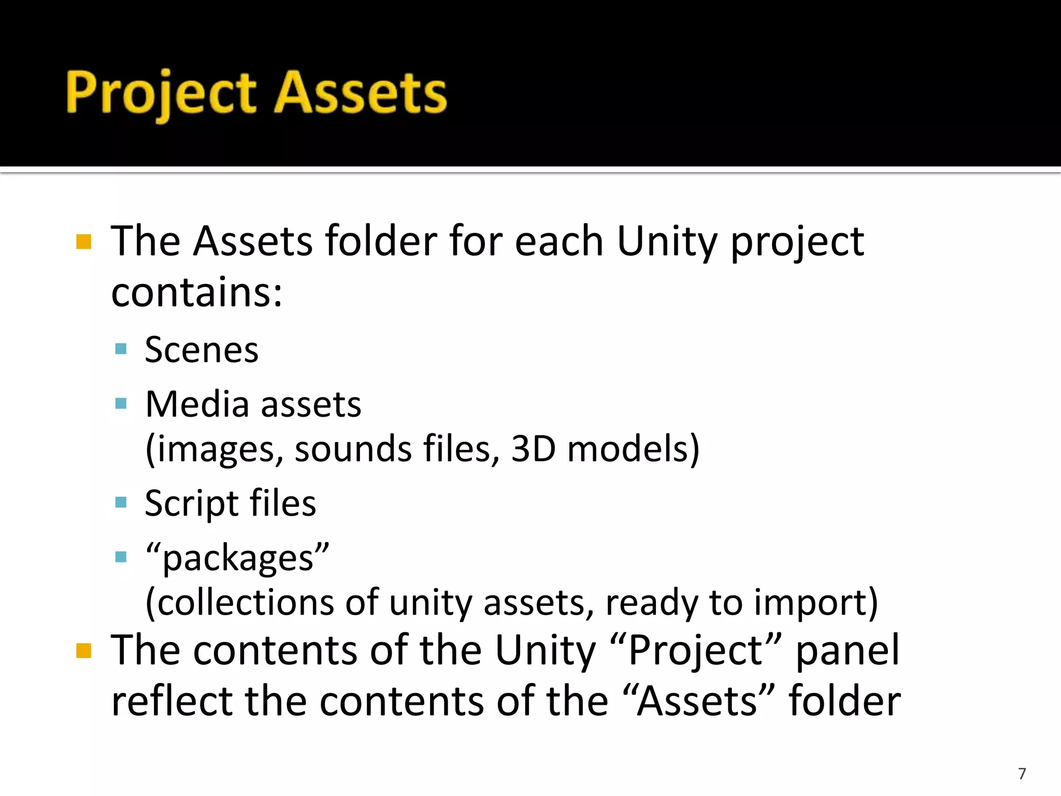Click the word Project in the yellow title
pyautogui.click(x=161, y=93)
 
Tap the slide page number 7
pyautogui.click(x=1022, y=773)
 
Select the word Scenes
pyautogui.click(x=202, y=350)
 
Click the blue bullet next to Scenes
pyautogui.click(x=121, y=349)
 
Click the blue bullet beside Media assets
pyautogui.click(x=121, y=403)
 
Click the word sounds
pyautogui.click(x=353, y=448)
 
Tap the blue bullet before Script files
pyautogui.click(x=121, y=502)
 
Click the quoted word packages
pyautogui.click(x=238, y=559)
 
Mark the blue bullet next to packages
pyautogui.click(x=121, y=557)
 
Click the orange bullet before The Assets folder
pyautogui.click(x=83, y=242)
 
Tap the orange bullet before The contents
pyautogui.click(x=83, y=650)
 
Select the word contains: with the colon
pyautogui.click(x=197, y=292)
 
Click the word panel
pyautogui.click(x=848, y=650)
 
